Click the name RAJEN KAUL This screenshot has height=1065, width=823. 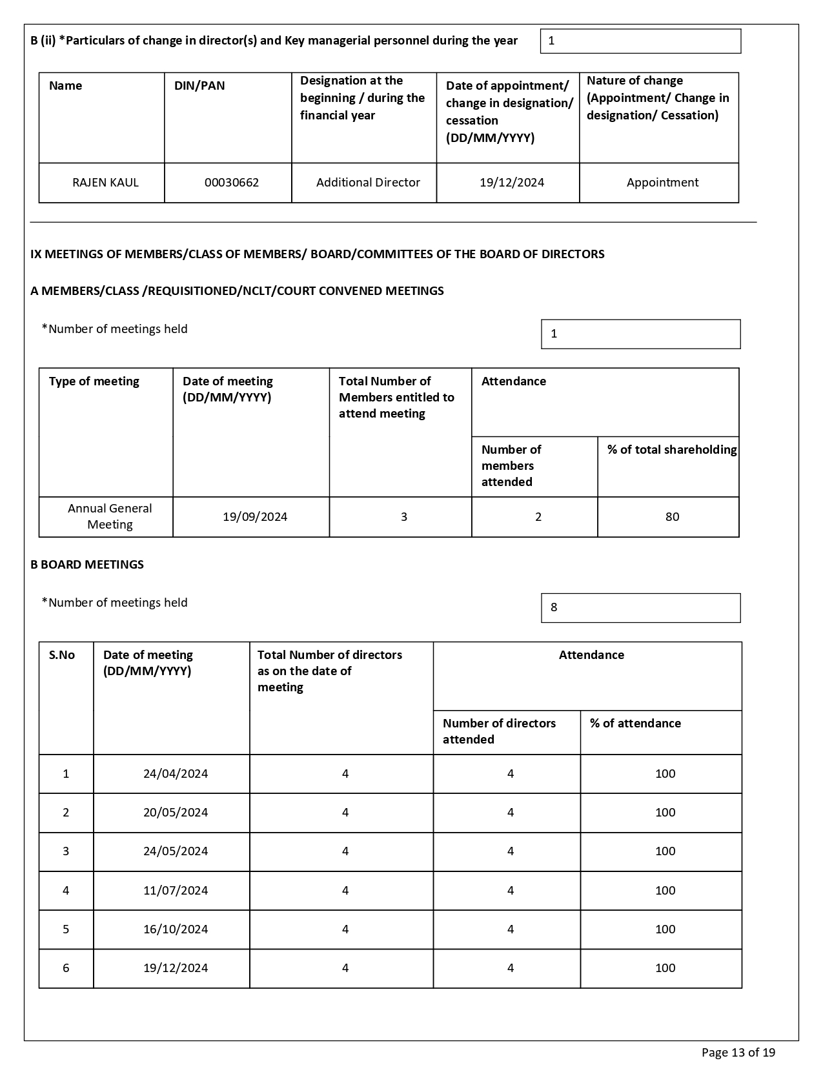105,183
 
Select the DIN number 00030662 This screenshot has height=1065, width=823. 232,183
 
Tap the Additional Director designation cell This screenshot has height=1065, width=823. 368,183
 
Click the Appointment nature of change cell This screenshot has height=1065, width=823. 662,183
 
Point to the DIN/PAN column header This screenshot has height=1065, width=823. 199,86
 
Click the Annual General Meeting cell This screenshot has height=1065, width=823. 110,516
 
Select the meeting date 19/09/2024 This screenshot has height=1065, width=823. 255,517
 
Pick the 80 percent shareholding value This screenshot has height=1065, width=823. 672,517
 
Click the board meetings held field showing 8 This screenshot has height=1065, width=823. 640,608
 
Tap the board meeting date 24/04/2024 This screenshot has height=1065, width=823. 176,774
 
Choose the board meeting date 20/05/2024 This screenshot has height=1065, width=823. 176,813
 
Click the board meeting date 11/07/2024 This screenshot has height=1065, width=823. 176,891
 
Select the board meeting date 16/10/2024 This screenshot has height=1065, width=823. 176,929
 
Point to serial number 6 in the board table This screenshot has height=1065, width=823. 66,968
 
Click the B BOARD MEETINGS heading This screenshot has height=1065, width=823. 87,565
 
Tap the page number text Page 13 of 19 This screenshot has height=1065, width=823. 738,1053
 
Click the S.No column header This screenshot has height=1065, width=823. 62,655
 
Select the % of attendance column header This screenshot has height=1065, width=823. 635,724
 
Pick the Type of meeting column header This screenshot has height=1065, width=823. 94,381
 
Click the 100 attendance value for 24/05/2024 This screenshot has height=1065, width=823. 665,851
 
